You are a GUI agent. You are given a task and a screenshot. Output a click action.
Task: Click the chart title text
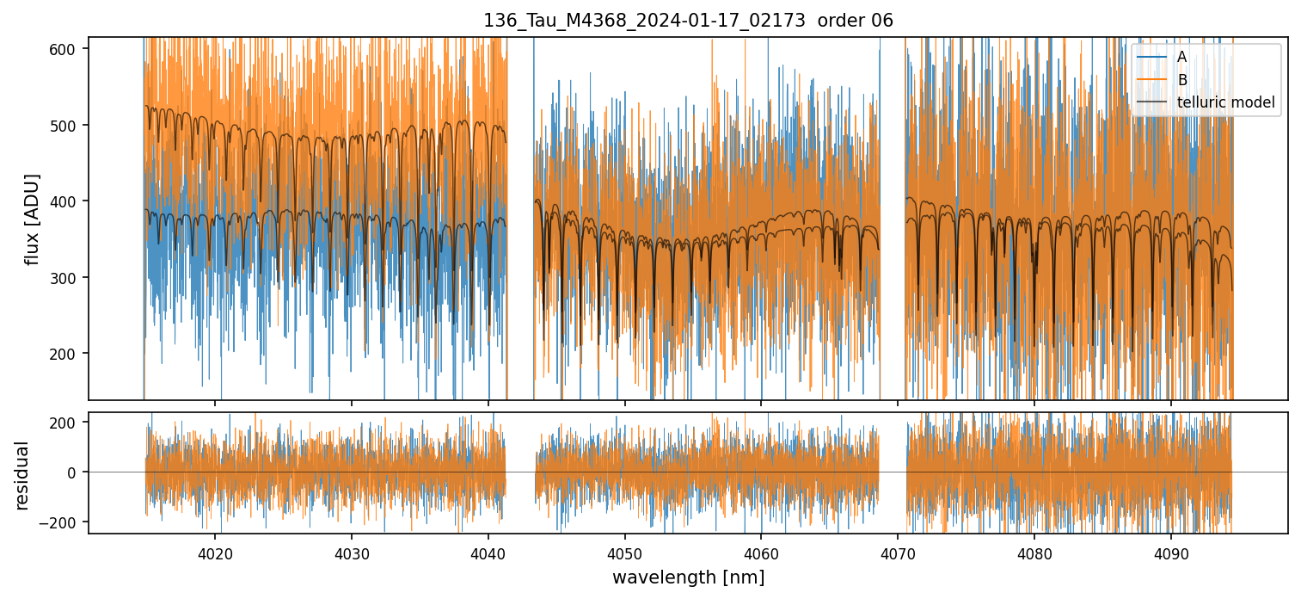click(x=688, y=21)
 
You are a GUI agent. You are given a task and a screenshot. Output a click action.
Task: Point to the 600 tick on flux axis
click(x=69, y=49)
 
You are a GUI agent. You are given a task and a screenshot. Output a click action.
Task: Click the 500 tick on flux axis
click(x=69, y=125)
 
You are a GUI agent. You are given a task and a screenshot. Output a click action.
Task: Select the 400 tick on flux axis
click(x=69, y=201)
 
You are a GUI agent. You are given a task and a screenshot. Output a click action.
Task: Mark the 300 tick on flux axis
click(x=69, y=277)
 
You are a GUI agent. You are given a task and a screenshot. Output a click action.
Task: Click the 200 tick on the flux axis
click(x=69, y=353)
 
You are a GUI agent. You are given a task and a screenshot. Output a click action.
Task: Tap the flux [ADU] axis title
click(x=33, y=219)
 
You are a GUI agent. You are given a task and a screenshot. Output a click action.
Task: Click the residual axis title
click(x=22, y=475)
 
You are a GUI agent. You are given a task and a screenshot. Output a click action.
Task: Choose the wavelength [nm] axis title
click(x=688, y=577)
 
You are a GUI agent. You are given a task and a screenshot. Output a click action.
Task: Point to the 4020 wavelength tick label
click(x=215, y=554)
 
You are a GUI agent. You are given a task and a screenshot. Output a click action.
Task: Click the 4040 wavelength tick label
click(x=488, y=554)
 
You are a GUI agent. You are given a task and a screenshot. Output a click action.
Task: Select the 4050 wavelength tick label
click(x=624, y=554)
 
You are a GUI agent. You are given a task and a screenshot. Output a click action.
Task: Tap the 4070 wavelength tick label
click(x=898, y=554)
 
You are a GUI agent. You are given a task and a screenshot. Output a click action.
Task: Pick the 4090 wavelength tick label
click(x=1170, y=554)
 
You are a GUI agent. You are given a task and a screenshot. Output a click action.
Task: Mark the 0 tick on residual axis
click(x=75, y=472)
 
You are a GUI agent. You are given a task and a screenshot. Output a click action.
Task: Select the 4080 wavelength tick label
click(x=1034, y=554)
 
